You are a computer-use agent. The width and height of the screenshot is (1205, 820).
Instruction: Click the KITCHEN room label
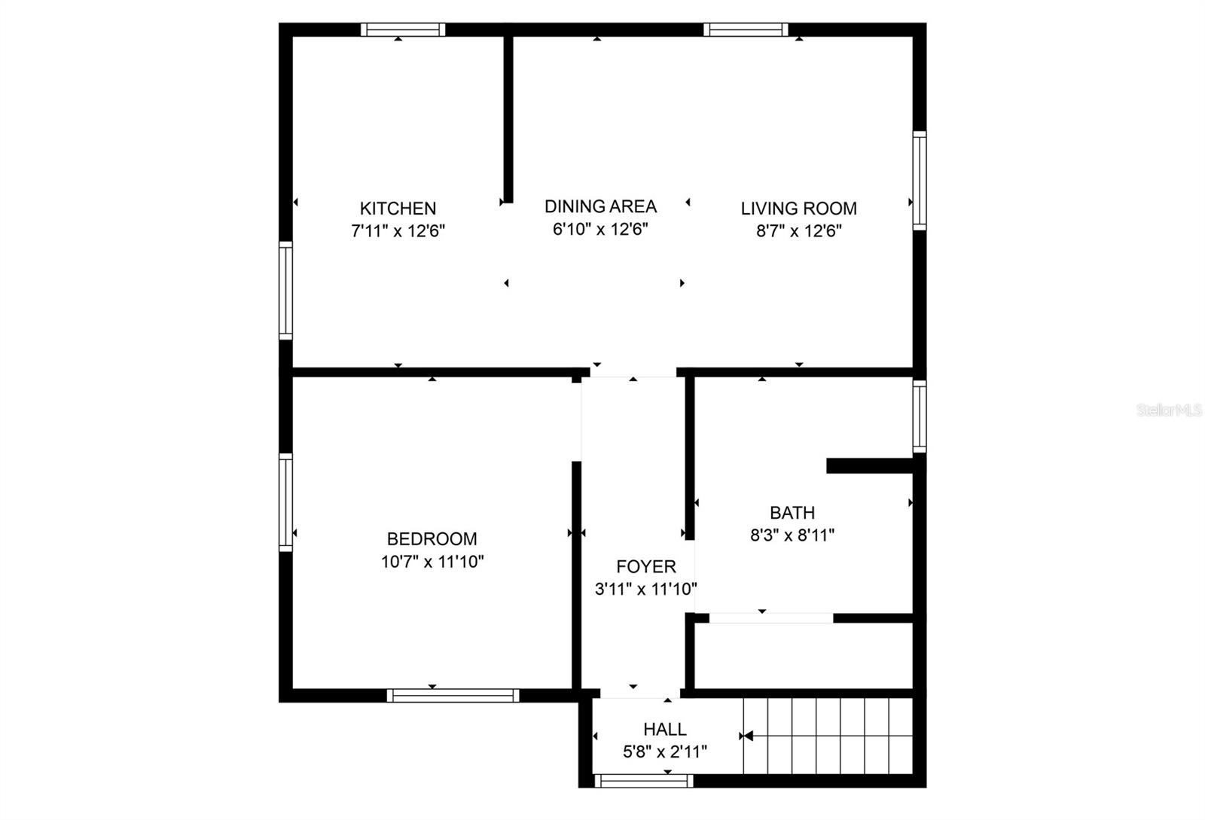tap(398, 209)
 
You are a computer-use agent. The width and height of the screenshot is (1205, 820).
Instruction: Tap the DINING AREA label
tap(600, 206)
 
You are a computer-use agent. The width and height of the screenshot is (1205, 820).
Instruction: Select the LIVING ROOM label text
tap(798, 209)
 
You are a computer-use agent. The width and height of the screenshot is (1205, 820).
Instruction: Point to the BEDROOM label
tap(432, 539)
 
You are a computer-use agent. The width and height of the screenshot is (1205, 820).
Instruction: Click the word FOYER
tap(645, 567)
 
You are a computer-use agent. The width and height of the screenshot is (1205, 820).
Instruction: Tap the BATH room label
tap(792, 513)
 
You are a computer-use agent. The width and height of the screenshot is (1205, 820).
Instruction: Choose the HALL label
tap(664, 729)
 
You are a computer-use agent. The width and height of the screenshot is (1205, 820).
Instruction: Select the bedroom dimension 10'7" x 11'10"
tap(432, 562)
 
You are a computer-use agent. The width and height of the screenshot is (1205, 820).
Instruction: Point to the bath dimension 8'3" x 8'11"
tap(792, 535)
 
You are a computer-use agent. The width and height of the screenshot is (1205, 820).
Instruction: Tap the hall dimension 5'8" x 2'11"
tap(664, 751)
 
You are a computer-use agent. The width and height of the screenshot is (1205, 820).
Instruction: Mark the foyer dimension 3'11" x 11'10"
tap(645, 590)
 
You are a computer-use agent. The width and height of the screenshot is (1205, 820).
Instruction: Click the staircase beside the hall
tap(828, 736)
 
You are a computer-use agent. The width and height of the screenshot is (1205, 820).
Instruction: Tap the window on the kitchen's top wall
tap(402, 30)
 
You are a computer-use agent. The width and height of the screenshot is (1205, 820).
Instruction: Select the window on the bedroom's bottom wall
tap(453, 696)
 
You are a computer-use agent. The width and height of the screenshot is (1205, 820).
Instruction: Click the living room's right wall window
tap(920, 180)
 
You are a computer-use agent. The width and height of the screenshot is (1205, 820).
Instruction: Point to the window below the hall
tap(642, 782)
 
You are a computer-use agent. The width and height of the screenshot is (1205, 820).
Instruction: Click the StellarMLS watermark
tap(1169, 410)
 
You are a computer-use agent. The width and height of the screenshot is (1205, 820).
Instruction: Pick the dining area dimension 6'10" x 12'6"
tap(600, 229)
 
